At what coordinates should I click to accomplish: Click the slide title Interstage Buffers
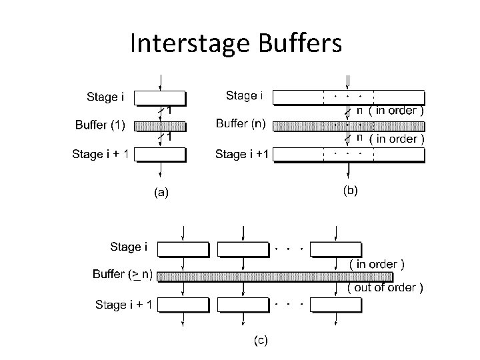tap(236, 44)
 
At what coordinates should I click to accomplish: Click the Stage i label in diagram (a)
tap(105, 97)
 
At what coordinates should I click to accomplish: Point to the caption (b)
tap(350, 190)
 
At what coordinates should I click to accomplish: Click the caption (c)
tap(259, 341)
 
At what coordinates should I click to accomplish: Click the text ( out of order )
tap(385, 288)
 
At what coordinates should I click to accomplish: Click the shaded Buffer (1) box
tap(159, 126)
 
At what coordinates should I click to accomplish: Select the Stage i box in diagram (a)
tap(159, 98)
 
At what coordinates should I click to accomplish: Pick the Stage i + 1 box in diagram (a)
tap(159, 155)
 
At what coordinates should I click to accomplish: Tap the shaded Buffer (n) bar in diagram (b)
tap(349, 125)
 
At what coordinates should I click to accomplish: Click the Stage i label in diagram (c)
tap(125, 247)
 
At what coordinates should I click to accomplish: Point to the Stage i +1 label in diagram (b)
tap(241, 154)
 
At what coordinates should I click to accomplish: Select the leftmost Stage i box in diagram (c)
tap(183, 248)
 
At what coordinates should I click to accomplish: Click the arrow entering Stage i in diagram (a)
tap(159, 83)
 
